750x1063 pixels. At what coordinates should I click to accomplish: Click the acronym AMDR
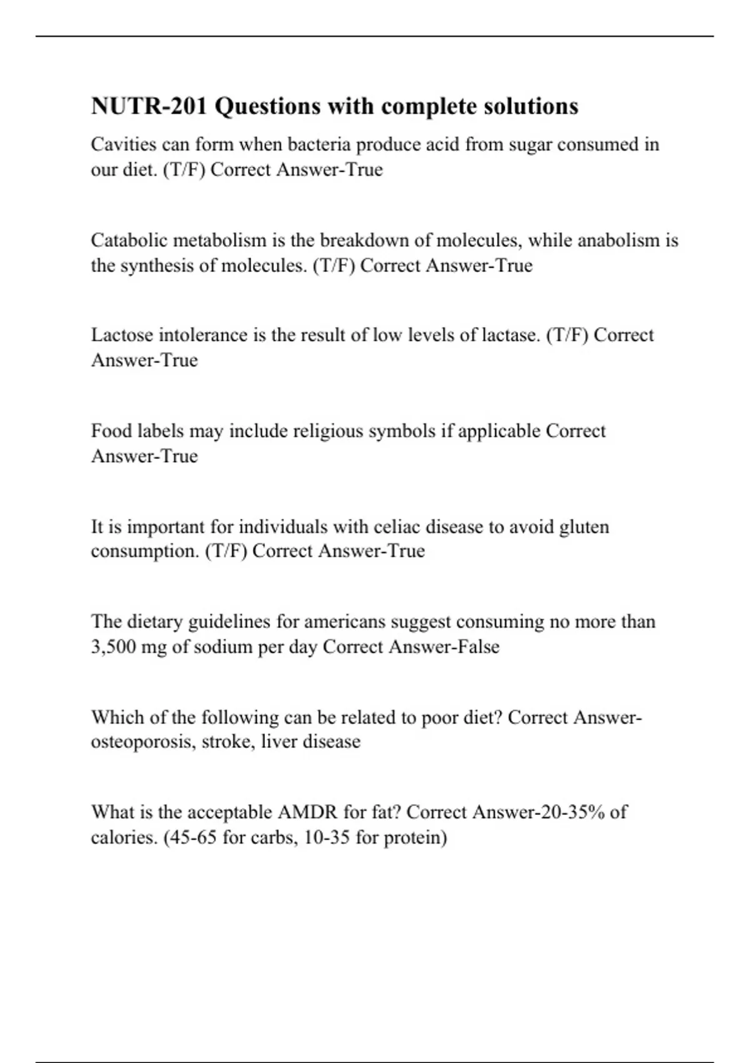[307, 812]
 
